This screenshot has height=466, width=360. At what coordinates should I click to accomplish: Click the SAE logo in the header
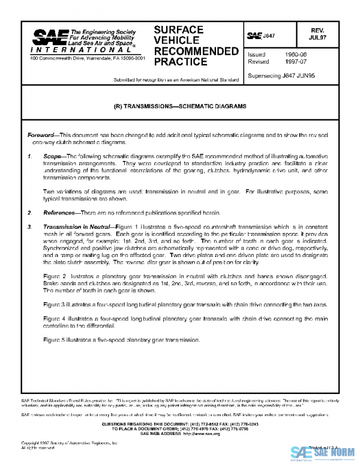pyautogui.click(x=48, y=37)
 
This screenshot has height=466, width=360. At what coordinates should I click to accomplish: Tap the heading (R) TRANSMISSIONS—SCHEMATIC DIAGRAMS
pyautogui.click(x=180, y=106)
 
